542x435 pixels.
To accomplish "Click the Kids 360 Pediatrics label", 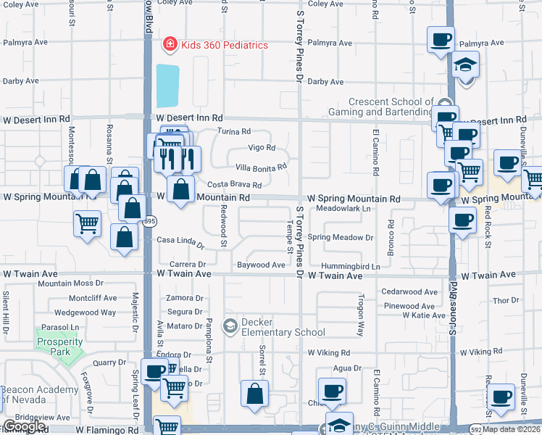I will click(x=224, y=45).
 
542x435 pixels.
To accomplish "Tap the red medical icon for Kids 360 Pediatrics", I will click(x=170, y=45).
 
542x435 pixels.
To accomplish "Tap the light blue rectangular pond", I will click(x=167, y=86).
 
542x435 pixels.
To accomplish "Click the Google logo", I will click(x=23, y=426).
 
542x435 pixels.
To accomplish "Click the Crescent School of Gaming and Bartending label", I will click(x=390, y=107).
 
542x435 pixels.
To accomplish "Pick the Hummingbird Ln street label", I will click(x=351, y=267).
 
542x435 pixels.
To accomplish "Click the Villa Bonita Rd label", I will click(x=262, y=166).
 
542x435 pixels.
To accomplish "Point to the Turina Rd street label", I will click(x=234, y=132).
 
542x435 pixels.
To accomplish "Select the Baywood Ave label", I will click(x=261, y=265).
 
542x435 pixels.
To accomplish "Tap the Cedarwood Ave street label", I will click(x=409, y=292).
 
